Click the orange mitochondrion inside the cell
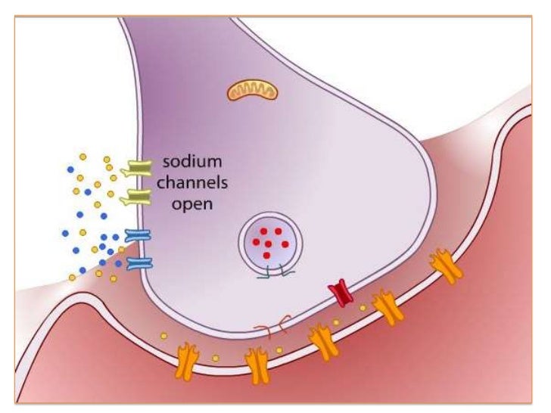[253, 92]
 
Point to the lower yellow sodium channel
[137, 198]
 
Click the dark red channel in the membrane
[341, 292]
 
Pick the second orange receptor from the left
[257, 365]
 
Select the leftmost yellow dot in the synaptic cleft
[163, 336]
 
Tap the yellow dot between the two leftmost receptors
[216, 356]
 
